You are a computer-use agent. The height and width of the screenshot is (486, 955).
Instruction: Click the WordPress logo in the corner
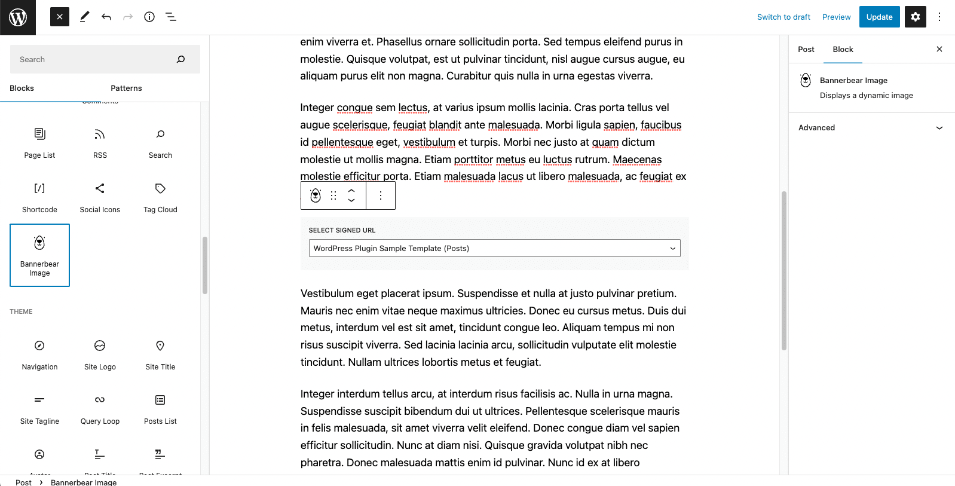(x=18, y=17)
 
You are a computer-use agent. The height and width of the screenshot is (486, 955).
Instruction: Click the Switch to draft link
(x=783, y=17)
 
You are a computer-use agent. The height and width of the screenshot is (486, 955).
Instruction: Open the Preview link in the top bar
(x=836, y=17)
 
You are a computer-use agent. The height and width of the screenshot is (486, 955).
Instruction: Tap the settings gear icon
(x=915, y=17)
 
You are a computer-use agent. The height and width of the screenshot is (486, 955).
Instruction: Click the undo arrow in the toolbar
(x=106, y=17)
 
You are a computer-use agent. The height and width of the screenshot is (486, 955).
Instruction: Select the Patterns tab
(x=126, y=88)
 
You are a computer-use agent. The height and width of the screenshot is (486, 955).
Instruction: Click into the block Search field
(x=96, y=60)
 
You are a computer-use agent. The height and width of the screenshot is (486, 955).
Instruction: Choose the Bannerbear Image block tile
(x=40, y=255)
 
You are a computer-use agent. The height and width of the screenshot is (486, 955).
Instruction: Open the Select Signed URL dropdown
(x=494, y=249)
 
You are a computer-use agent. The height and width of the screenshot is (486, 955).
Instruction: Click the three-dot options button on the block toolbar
(x=381, y=195)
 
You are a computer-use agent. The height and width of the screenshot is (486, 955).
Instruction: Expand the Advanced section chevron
(x=939, y=128)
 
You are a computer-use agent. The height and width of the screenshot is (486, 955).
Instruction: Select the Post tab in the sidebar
(x=806, y=50)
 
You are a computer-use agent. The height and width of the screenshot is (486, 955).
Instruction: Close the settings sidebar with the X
(x=939, y=50)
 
